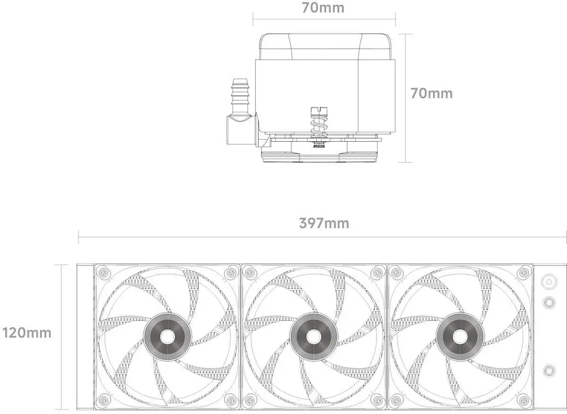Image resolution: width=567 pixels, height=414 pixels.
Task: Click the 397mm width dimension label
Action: coord(324,223)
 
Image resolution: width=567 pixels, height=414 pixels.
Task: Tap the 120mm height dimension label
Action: coord(27,333)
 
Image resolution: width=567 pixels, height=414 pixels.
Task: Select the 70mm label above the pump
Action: coord(323,8)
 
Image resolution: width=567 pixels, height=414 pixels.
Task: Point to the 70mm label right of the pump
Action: coord(431,94)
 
